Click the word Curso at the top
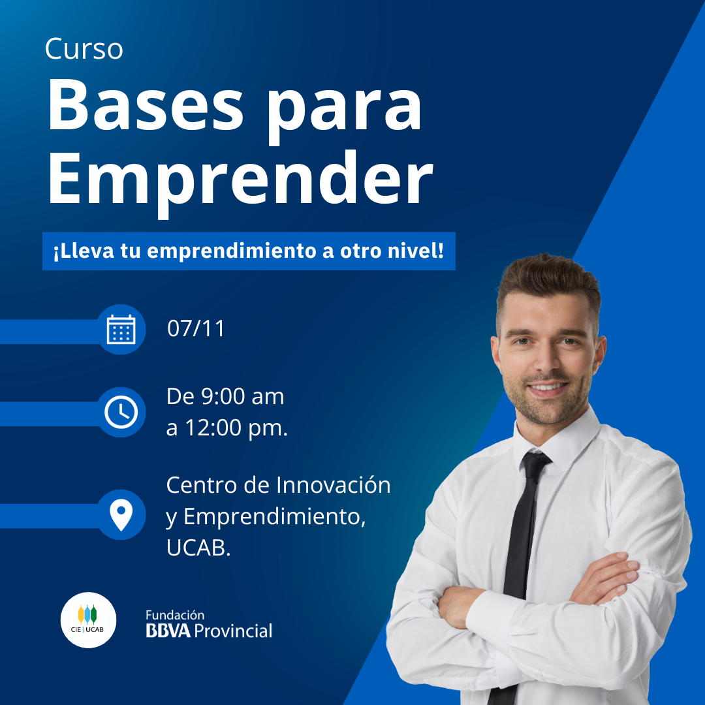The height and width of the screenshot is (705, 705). click(84, 48)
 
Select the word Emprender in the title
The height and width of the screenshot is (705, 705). click(240, 180)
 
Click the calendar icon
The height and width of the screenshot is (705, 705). click(121, 330)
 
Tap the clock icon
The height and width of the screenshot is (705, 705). click(121, 412)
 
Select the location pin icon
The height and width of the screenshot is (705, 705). click(121, 515)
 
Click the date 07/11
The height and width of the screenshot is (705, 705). click(196, 328)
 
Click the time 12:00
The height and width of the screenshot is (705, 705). click(213, 428)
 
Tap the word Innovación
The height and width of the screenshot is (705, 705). click(333, 484)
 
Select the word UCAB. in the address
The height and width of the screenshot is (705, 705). click(198, 548)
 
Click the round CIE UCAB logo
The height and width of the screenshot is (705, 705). click(88, 620)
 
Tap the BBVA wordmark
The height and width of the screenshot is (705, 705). click(168, 631)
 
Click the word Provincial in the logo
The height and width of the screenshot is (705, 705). click(233, 631)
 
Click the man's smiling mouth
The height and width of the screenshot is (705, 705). click(547, 387)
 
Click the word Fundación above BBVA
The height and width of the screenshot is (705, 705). click(175, 615)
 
